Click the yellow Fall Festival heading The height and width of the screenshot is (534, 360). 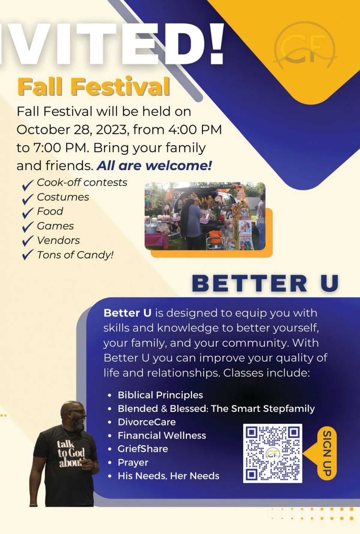tap(94, 86)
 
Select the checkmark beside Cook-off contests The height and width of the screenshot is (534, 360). tap(28, 185)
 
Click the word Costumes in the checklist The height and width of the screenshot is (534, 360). tap(63, 197)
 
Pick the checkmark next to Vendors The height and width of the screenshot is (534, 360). tap(28, 240)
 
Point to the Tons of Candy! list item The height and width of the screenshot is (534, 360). tap(75, 255)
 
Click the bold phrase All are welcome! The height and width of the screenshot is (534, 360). tap(154, 165)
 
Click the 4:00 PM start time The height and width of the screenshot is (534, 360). tap(195, 129)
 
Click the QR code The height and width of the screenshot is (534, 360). tap(272, 453)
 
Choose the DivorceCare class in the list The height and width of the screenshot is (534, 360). tap(147, 422)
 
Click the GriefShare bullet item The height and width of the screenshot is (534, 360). tap(143, 449)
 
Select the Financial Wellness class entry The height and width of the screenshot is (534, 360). tap(162, 435)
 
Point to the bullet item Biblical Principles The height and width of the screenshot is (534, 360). tap(160, 395)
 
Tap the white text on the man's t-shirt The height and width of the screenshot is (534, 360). tap(71, 454)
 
